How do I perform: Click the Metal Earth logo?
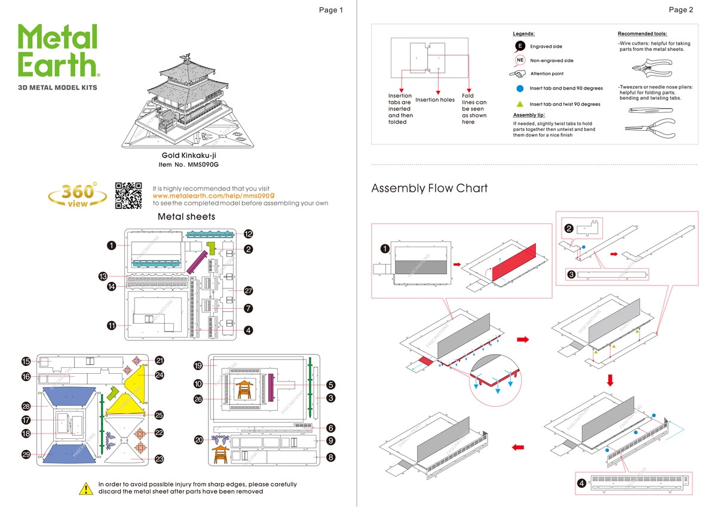tap(58, 51)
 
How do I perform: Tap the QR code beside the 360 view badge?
tap(128, 196)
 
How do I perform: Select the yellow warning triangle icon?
tap(87, 488)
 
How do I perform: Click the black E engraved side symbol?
tap(520, 46)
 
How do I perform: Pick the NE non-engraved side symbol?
tap(520, 60)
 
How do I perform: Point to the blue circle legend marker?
tap(520, 88)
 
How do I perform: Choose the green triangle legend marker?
tap(520, 104)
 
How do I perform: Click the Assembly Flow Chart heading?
tap(429, 189)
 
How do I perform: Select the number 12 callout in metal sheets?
tap(248, 233)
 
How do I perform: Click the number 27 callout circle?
tap(248, 291)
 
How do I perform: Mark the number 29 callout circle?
tap(26, 454)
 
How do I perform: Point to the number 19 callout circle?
tap(198, 365)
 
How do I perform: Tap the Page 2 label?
tap(681, 10)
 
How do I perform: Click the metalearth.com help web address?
tap(214, 196)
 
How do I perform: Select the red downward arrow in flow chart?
tap(611, 380)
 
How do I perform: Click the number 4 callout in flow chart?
tap(581, 483)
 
